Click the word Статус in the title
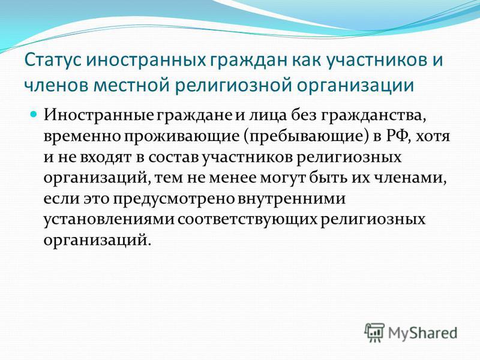[x=52, y=61]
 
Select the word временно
[x=82, y=136]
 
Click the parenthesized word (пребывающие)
[x=306, y=137]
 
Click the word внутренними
[x=292, y=199]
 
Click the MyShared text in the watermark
[x=422, y=333]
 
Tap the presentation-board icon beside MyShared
[x=374, y=332]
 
